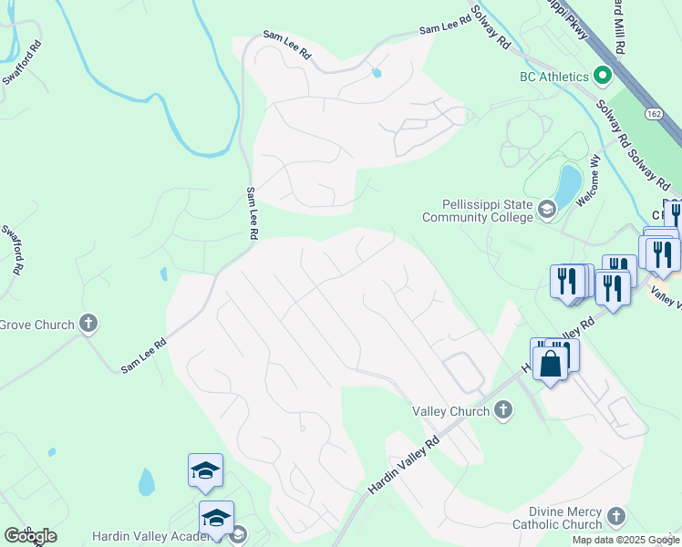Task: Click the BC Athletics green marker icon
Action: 602,77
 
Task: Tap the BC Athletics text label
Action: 553,77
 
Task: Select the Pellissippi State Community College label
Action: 477,212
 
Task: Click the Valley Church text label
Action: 451,411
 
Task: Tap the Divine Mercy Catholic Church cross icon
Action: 616,517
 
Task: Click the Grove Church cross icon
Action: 88,324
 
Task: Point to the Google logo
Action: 30,536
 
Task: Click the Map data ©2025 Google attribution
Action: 625,540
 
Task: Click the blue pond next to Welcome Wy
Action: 567,184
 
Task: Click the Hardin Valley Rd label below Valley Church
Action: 404,466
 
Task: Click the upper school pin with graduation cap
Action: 205,470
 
